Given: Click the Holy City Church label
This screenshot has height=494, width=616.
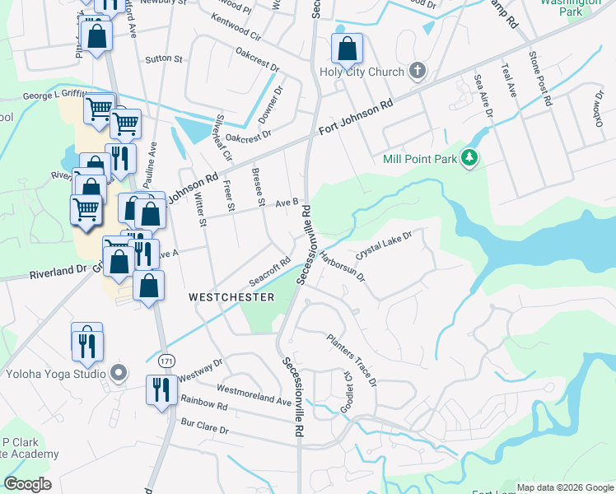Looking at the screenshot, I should coord(362,72).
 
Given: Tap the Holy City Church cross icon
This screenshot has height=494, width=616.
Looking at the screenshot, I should coord(418,71).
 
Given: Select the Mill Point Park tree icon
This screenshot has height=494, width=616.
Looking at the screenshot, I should coord(469,157).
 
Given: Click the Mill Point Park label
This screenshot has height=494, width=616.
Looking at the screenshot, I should coord(421,159).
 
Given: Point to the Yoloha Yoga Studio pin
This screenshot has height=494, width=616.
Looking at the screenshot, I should coord(118,374).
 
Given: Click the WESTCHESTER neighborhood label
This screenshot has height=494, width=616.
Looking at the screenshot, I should coord(231,297).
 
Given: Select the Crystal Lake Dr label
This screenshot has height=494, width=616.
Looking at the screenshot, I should coord(384,245).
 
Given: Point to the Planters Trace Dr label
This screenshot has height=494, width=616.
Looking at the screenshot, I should coord(352,360).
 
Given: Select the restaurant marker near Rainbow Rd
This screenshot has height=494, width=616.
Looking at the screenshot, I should coord(159,389).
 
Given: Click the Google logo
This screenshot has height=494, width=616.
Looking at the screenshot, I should coord(27,484).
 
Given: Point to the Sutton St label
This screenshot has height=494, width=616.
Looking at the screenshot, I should coord(163,59).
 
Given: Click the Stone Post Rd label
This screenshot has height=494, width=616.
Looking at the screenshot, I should coord(539,77).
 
